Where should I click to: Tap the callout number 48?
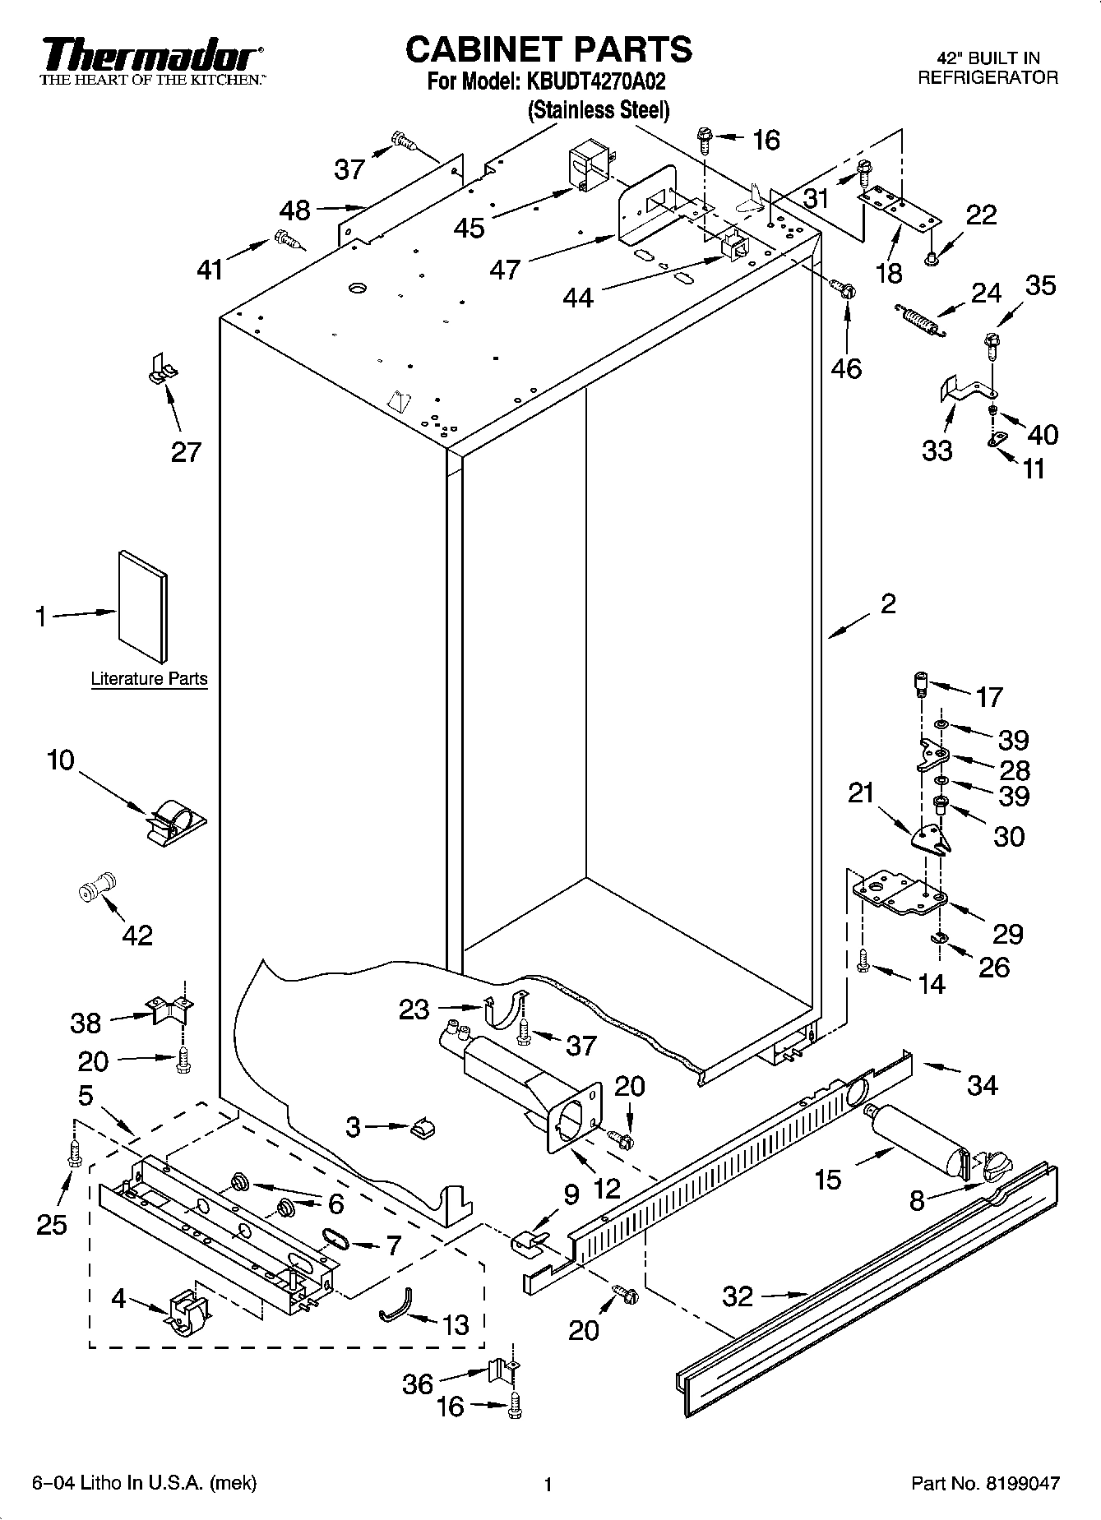tap(294, 210)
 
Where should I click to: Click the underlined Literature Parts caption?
tap(149, 680)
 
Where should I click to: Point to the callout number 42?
tap(136, 935)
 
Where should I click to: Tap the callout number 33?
tap(937, 450)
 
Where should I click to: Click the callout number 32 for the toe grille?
tap(738, 1296)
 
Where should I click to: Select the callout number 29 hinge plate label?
tap(1007, 934)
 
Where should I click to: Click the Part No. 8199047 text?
tap(985, 1484)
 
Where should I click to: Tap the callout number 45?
tap(470, 228)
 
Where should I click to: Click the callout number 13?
tap(455, 1324)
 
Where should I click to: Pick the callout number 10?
tap(60, 760)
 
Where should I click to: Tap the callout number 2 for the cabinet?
tap(887, 604)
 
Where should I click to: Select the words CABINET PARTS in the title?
tap(548, 49)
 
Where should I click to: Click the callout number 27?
tap(186, 451)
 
